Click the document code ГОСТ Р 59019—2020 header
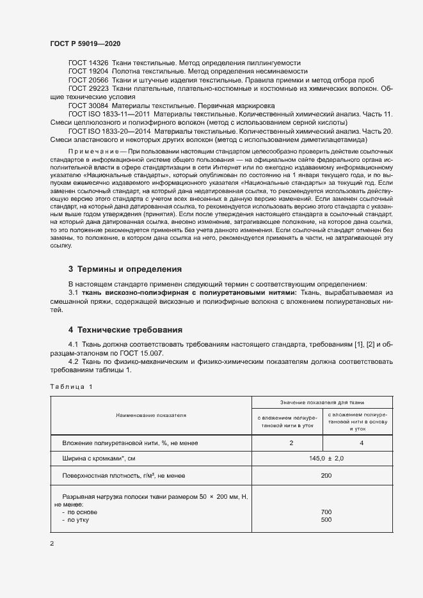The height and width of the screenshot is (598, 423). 85,43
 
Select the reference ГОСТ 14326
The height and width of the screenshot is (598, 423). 88,63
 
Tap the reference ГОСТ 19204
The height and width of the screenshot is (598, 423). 88,72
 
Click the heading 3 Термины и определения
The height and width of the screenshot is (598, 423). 125,269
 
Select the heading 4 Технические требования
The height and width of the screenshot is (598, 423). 125,330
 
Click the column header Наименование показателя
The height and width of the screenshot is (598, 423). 151,415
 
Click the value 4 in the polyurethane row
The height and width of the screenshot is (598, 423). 362,443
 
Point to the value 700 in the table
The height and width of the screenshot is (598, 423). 326,513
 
